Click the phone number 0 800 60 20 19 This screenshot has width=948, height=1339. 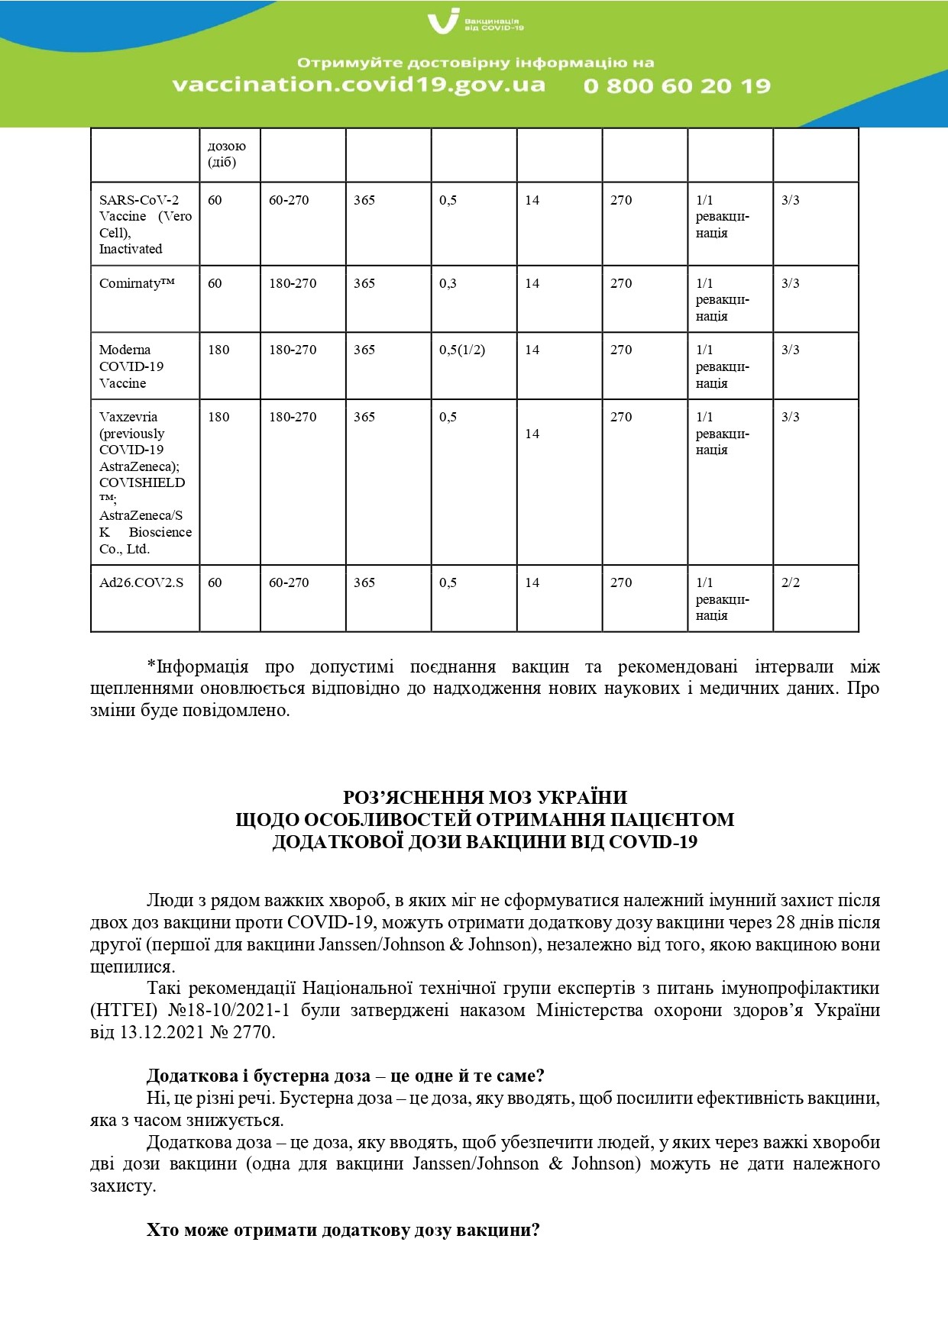pyautogui.click(x=677, y=86)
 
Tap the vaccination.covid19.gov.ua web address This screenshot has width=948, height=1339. pyautogui.click(x=359, y=84)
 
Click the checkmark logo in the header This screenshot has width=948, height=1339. pyautogui.click(x=443, y=21)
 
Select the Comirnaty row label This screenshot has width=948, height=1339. pyautogui.click(x=137, y=283)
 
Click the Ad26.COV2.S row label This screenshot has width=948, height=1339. pyautogui.click(x=141, y=582)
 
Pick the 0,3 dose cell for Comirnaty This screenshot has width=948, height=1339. pyautogui.click(x=448, y=283)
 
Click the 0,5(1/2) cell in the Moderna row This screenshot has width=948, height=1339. pyautogui.click(x=461, y=350)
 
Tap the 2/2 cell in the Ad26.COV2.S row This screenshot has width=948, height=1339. pyautogui.click(x=791, y=582)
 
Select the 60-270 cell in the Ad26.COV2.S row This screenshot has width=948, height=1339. pyautogui.click(x=289, y=582)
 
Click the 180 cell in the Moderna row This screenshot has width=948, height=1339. pyautogui.click(x=218, y=350)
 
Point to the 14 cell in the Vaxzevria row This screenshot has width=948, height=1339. pyautogui.click(x=532, y=434)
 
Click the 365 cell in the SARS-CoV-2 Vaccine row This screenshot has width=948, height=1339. pyautogui.click(x=364, y=200)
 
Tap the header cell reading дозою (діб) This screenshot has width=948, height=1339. pyautogui.click(x=226, y=153)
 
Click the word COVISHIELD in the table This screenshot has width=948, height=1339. pyautogui.click(x=142, y=482)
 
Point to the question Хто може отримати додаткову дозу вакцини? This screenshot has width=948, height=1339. pyautogui.click(x=343, y=1231)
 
